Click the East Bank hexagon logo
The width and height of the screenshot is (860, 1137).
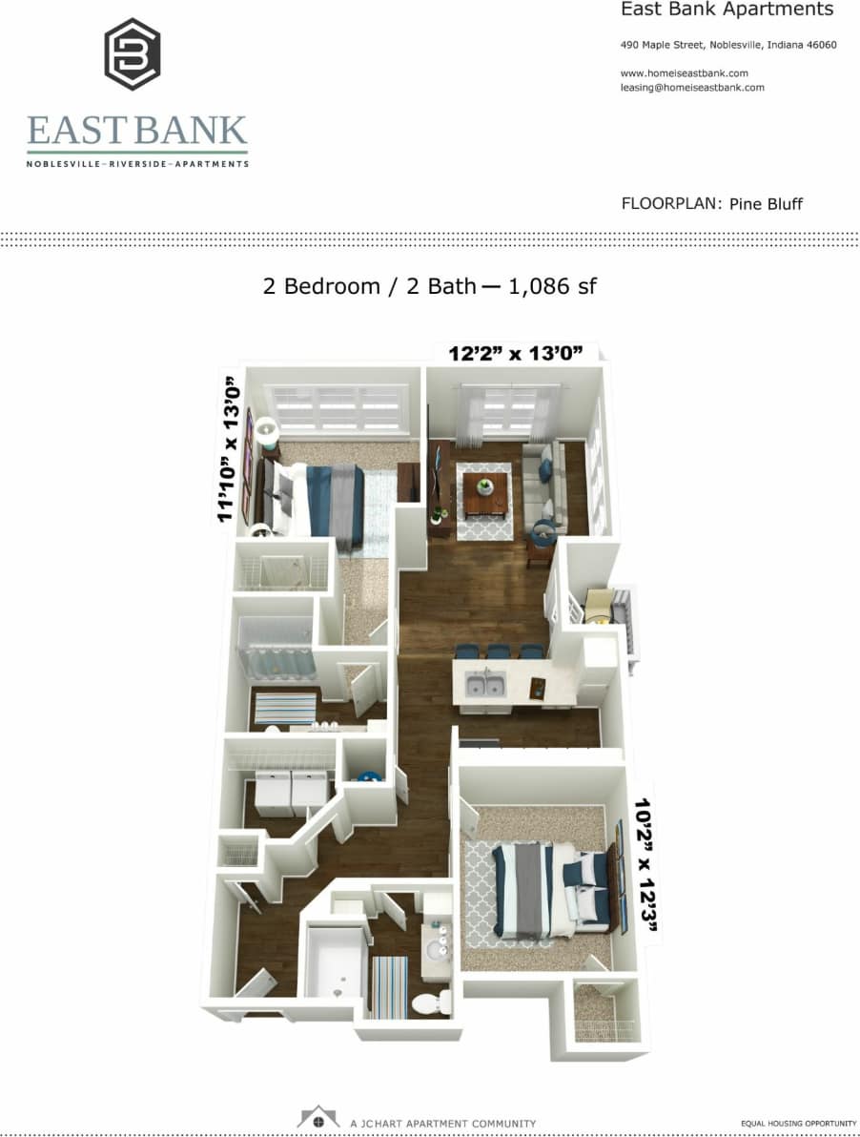click(132, 54)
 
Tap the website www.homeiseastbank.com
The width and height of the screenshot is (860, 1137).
click(684, 73)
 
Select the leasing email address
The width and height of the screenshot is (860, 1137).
click(692, 88)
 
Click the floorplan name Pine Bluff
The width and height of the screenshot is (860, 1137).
click(767, 203)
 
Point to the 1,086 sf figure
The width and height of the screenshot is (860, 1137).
click(553, 285)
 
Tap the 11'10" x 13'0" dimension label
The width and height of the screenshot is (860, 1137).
click(229, 448)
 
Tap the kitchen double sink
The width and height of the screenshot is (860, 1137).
click(485, 684)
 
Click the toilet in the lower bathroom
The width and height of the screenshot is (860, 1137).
click(436, 1002)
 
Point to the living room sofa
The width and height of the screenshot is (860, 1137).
click(544, 486)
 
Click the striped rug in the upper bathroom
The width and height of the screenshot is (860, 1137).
click(284, 709)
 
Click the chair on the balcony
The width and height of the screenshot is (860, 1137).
click(600, 607)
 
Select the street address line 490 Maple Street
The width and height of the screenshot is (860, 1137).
click(727, 45)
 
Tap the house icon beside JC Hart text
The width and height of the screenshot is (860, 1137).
click(318, 1118)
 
